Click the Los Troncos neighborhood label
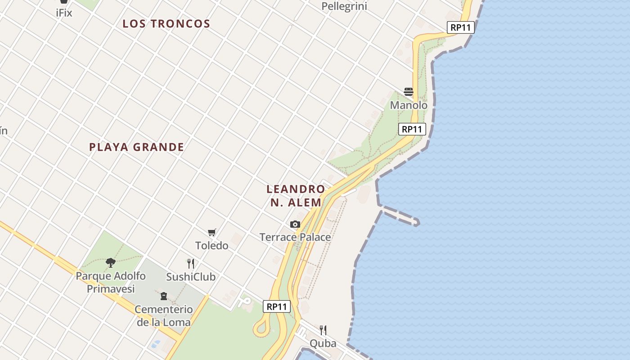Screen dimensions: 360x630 pyautogui.click(x=166, y=24)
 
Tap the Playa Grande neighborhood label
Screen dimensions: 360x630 pyautogui.click(x=136, y=147)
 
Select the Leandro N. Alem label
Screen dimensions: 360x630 pyautogui.click(x=296, y=196)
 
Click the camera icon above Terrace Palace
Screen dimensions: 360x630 pyautogui.click(x=295, y=224)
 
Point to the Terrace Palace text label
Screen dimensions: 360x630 pyautogui.click(x=295, y=237)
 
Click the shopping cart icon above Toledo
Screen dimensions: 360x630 pyautogui.click(x=211, y=233)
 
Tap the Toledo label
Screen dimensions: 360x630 pyautogui.click(x=211, y=246)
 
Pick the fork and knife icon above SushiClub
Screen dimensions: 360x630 pyautogui.click(x=191, y=264)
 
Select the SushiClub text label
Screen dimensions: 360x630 pyautogui.click(x=191, y=277)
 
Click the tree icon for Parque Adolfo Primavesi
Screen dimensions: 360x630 pyautogui.click(x=111, y=263)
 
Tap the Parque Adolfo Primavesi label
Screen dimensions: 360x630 pyautogui.click(x=111, y=282)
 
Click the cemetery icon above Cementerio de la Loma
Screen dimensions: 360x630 pyautogui.click(x=164, y=296)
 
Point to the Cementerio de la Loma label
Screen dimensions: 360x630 pyautogui.click(x=164, y=316)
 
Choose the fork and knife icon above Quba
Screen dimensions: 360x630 pyautogui.click(x=323, y=330)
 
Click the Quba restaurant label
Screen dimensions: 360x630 pyautogui.click(x=323, y=343)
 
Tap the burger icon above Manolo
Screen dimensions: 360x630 pyautogui.click(x=409, y=92)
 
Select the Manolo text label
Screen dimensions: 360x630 pyautogui.click(x=409, y=105)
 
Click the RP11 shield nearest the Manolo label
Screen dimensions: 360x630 pyautogui.click(x=412, y=129)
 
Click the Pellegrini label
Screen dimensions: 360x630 pyautogui.click(x=345, y=6)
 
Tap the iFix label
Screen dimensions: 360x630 pyautogui.click(x=64, y=13)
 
